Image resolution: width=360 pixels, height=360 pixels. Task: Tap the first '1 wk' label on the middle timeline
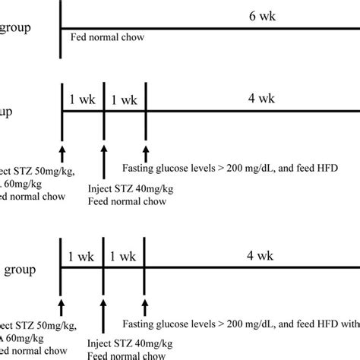click(82, 99)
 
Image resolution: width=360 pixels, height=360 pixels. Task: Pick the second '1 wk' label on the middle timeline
click(124, 99)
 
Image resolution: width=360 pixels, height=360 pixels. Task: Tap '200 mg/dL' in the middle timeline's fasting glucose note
click(248, 167)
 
